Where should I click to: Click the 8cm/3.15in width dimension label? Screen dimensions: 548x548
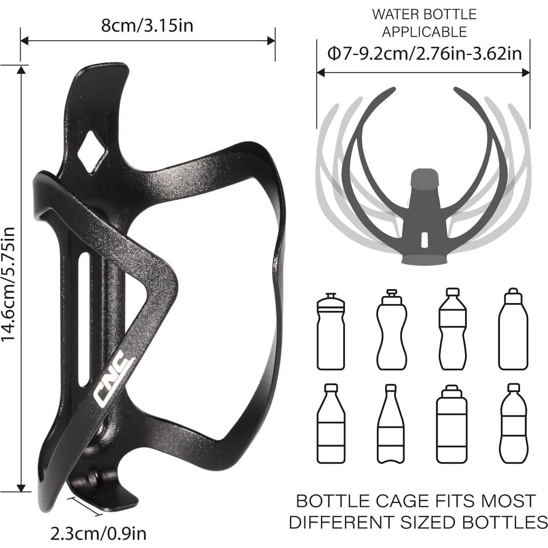pyautogui.click(x=147, y=25)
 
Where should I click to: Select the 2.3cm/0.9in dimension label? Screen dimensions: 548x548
pyautogui.click(x=98, y=534)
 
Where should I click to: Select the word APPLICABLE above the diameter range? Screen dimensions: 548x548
pyautogui.click(x=424, y=32)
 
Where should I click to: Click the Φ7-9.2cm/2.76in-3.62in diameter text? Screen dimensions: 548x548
pyautogui.click(x=424, y=53)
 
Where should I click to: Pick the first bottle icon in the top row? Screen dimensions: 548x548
pyautogui.click(x=331, y=332)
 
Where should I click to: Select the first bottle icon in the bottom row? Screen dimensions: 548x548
pyautogui.click(x=331, y=424)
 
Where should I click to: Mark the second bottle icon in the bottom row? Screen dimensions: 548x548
pyautogui.click(x=391, y=424)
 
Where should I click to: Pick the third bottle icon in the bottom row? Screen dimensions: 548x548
pyautogui.click(x=451, y=424)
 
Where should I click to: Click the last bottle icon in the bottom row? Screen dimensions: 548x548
pyautogui.click(x=514, y=424)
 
